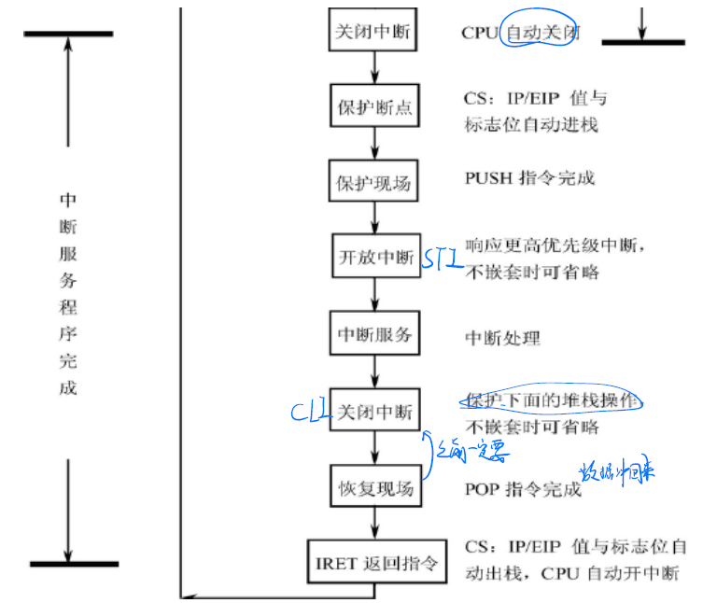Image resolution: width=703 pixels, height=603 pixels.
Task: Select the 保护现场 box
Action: [x=373, y=183]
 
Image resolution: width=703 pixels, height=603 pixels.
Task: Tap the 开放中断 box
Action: [x=373, y=257]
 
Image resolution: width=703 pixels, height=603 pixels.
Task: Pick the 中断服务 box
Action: [x=373, y=334]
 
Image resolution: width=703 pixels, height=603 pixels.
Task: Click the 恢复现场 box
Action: [x=373, y=487]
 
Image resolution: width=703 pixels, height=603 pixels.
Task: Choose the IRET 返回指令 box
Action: [x=373, y=564]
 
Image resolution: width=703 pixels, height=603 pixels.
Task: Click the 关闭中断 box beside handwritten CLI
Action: [x=373, y=411]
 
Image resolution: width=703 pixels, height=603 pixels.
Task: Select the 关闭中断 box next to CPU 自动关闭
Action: [x=373, y=32]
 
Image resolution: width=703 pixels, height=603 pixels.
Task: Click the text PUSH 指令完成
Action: [x=528, y=177]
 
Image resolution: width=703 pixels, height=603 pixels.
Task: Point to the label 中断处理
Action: [x=501, y=337]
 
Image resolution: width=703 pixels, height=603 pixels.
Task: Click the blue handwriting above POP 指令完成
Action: [x=614, y=469]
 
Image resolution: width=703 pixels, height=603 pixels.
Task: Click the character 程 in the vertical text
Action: [x=67, y=305]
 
